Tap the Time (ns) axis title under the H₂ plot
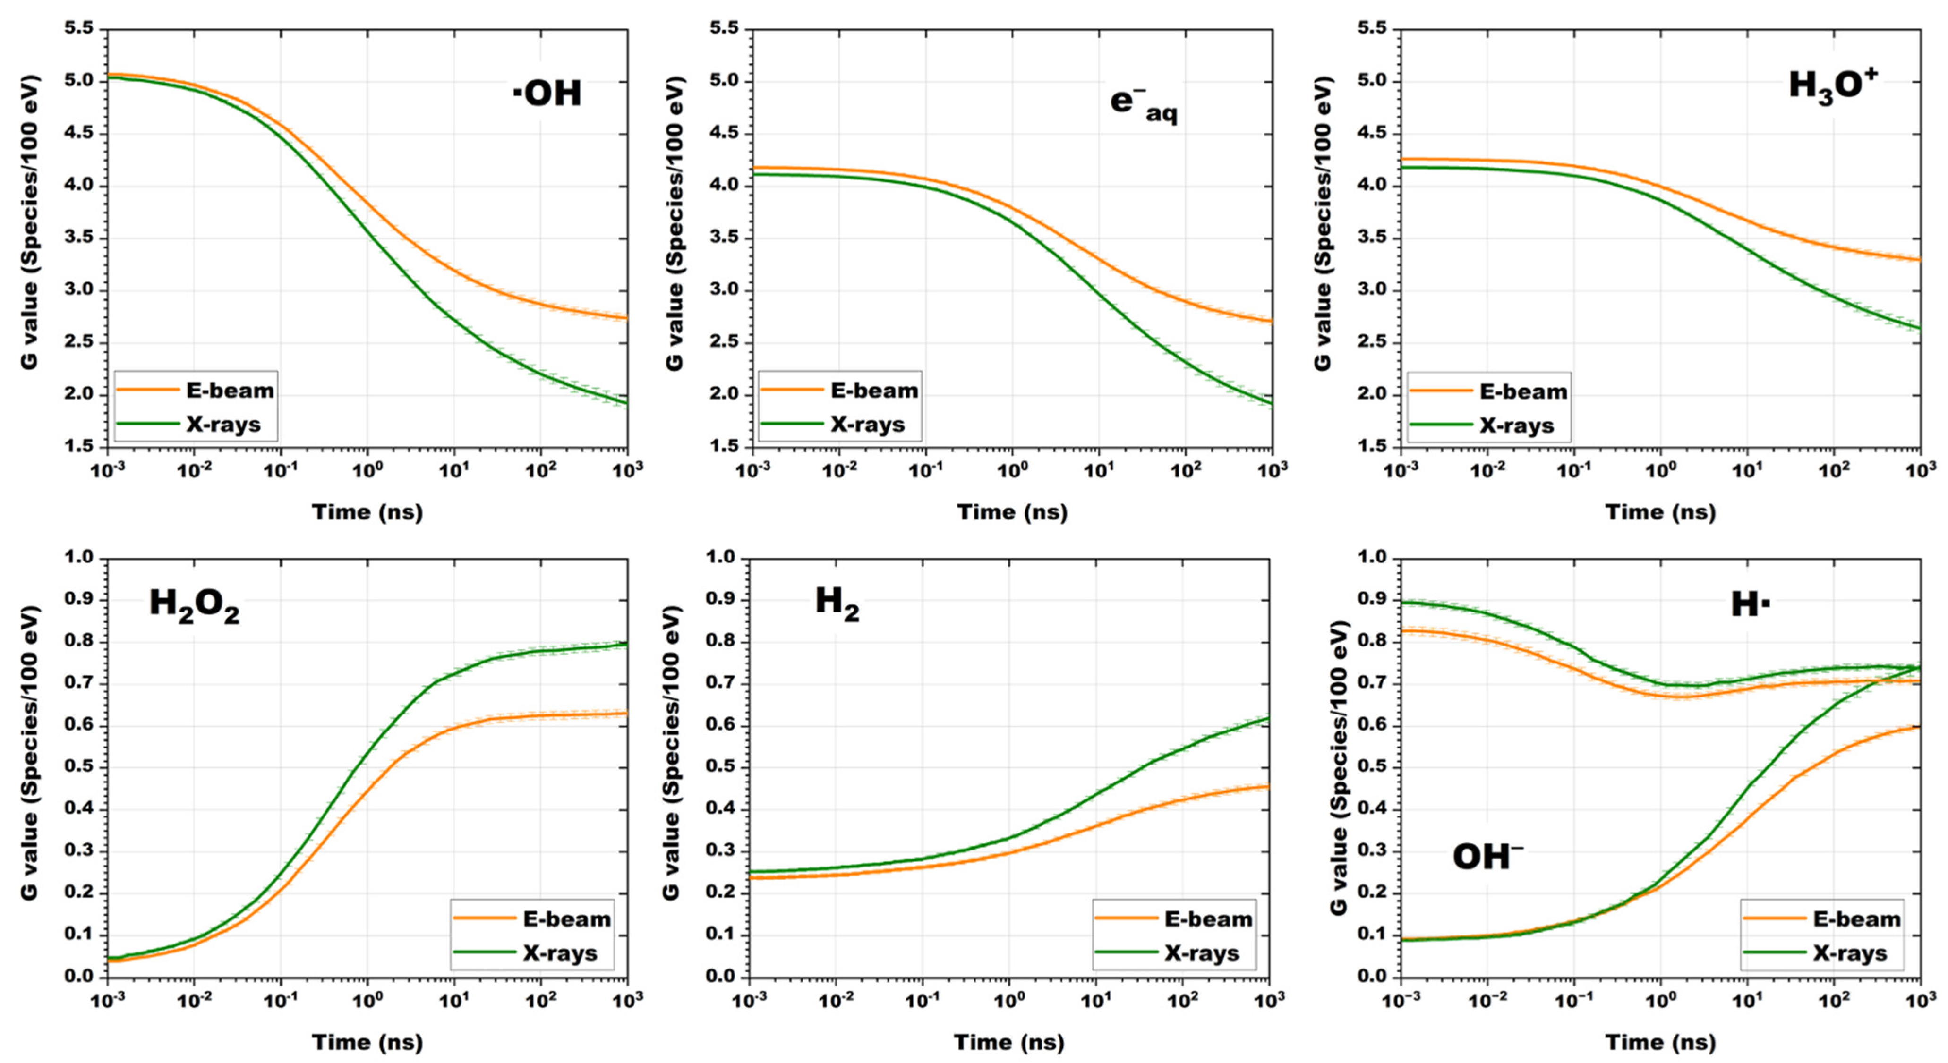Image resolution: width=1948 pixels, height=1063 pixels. tap(1009, 1043)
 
